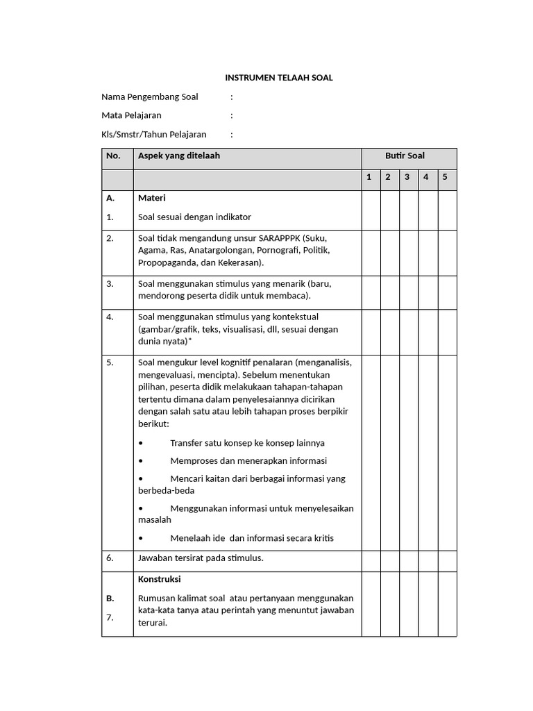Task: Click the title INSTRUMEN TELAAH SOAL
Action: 278,78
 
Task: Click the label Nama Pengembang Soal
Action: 150,97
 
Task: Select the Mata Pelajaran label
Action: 131,115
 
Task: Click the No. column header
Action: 113,156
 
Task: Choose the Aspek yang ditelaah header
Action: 179,156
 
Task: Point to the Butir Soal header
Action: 405,156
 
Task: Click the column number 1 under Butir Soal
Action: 369,177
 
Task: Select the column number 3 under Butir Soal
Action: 407,177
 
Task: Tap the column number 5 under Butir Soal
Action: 445,177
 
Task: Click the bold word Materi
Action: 151,198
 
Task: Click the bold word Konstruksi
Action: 160,579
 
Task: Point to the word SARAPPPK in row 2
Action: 280,238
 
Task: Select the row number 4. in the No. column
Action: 110,317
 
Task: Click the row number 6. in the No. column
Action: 110,558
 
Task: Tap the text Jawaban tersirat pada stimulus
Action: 201,558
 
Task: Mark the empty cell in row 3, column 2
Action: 389,292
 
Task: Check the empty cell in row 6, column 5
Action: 447,561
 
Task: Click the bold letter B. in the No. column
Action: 110,598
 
